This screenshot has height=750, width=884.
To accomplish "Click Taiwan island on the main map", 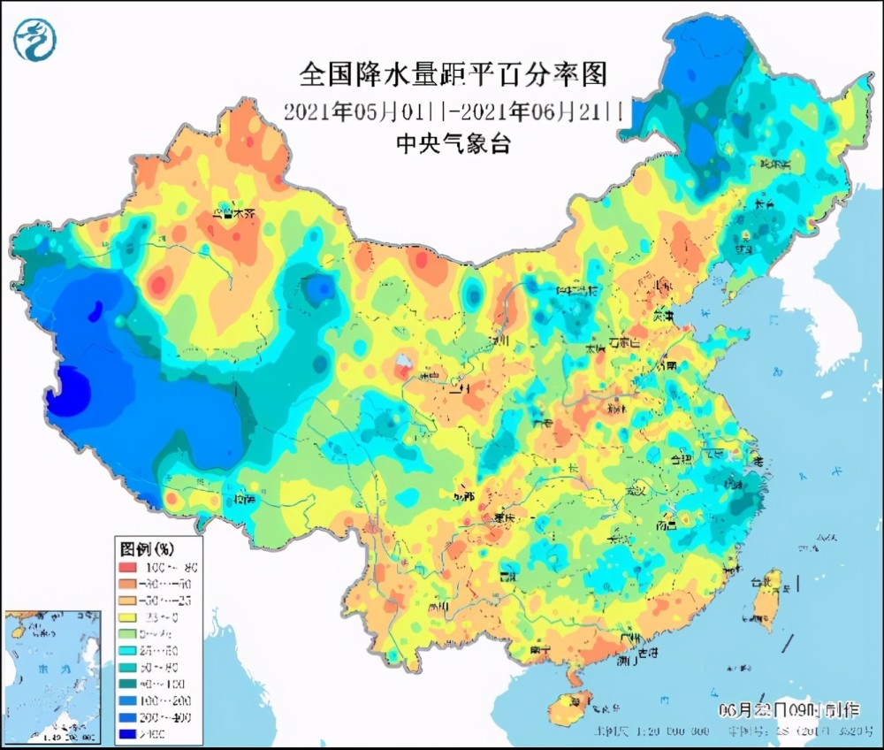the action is pyautogui.click(x=763, y=601).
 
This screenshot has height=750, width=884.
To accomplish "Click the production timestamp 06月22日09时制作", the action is pyautogui.click(x=787, y=709).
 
